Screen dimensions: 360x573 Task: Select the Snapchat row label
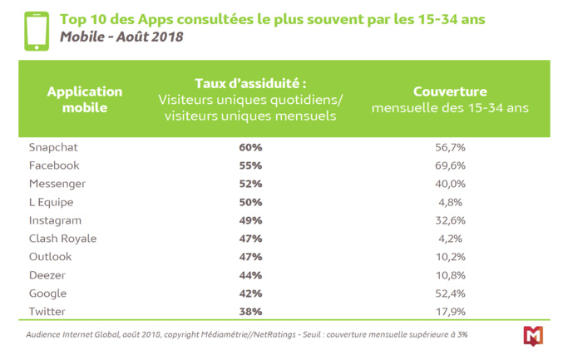click(53, 147)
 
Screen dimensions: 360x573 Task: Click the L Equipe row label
click(51, 202)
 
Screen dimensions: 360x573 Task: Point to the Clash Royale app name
click(62, 239)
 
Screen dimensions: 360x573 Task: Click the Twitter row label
click(47, 312)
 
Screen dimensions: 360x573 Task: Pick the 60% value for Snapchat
click(251, 147)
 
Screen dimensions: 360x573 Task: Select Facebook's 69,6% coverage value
click(449, 165)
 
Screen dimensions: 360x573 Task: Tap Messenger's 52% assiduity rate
click(251, 184)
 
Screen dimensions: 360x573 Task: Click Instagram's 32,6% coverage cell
click(449, 220)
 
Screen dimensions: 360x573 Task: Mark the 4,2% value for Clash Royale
click(449, 239)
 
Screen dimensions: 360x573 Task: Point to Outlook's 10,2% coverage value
click(449, 257)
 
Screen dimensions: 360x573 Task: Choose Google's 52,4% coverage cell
click(449, 293)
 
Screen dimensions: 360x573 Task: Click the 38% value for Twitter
click(251, 312)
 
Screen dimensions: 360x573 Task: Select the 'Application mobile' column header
click(85, 99)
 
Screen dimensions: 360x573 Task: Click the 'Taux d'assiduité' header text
click(250, 84)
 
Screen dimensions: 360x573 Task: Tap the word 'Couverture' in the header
click(449, 91)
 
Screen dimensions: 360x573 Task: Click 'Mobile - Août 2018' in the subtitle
click(121, 37)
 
